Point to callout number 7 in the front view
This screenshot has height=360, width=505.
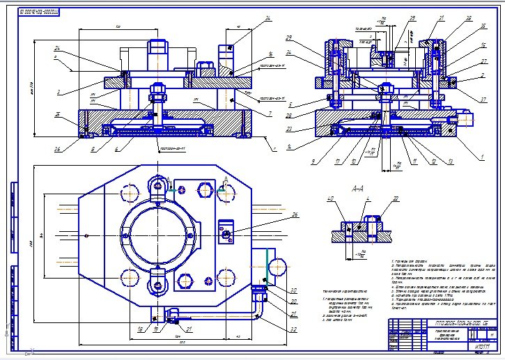click(268, 114)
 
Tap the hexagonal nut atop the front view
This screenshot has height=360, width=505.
click(158, 49)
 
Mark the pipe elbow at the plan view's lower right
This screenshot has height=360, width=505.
click(260, 306)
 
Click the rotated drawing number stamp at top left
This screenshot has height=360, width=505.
click(40, 12)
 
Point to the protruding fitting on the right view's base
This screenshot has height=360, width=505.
click(466, 120)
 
